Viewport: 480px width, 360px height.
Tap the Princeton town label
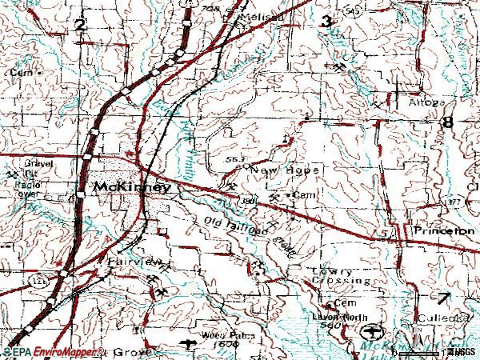click(444, 230)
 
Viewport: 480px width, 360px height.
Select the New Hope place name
click(286, 170)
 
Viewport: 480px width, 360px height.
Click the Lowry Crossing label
click(340, 277)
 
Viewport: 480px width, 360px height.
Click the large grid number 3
click(326, 22)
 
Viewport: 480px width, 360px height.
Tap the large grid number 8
click(446, 122)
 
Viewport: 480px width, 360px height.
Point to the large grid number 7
click(444, 298)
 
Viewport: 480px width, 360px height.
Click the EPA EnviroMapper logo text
click(52, 352)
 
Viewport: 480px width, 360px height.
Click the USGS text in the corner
click(462, 352)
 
